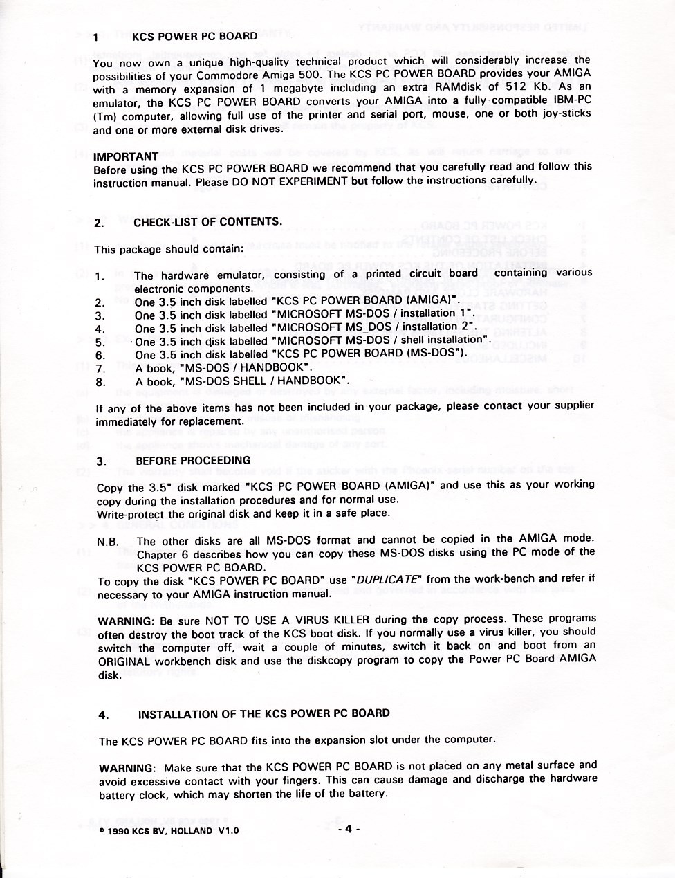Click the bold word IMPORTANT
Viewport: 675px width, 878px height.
tap(126, 156)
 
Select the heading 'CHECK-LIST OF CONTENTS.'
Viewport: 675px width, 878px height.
tap(207, 222)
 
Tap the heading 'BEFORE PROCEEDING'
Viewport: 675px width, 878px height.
tap(193, 460)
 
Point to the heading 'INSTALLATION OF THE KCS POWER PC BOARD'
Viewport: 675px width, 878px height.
tap(264, 714)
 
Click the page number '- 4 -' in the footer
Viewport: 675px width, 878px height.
tap(350, 829)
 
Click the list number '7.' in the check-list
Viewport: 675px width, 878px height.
tap(100, 368)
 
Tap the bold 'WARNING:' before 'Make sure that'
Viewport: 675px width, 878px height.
tap(127, 769)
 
